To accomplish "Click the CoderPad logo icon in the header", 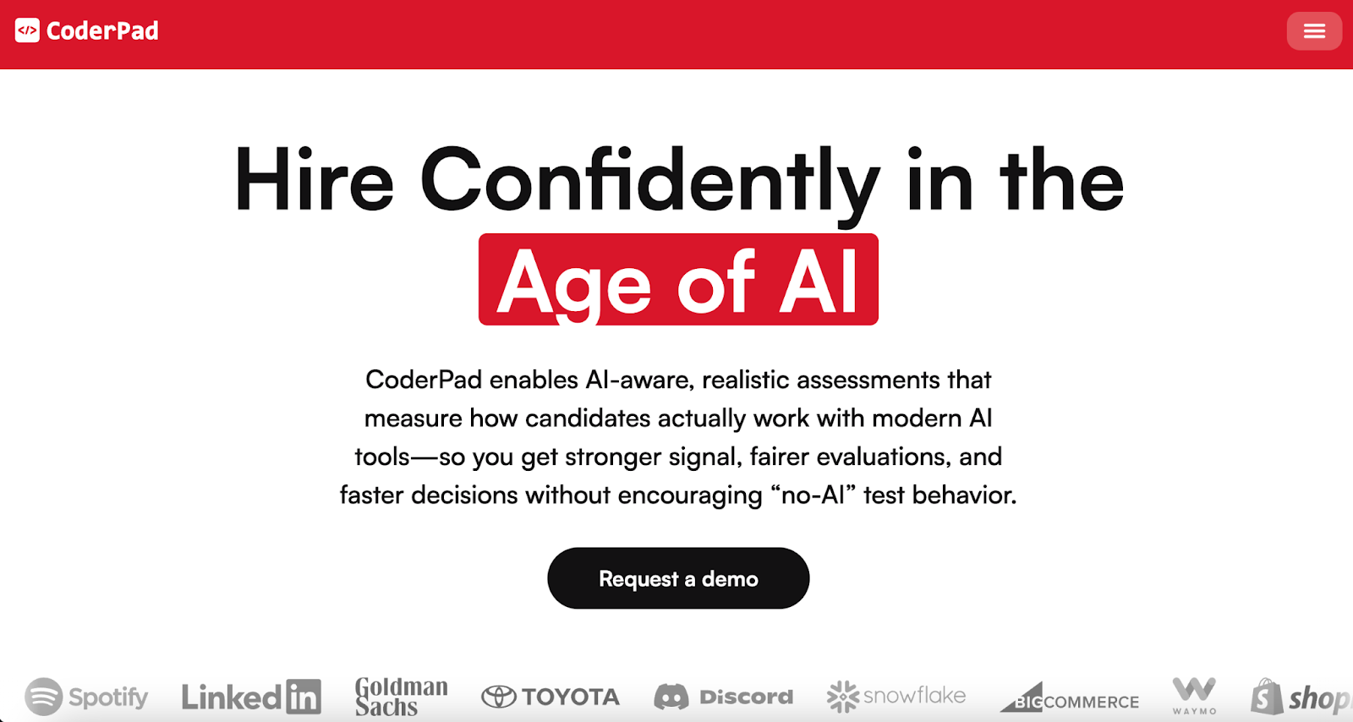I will [x=27, y=31].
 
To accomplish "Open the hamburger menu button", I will [x=1314, y=31].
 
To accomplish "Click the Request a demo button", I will [x=678, y=578].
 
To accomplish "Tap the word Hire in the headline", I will [x=315, y=180].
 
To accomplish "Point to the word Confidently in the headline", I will [x=649, y=180].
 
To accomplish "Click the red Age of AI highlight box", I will [x=678, y=280].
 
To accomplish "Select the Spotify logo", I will [x=86, y=697].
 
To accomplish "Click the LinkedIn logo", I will [x=251, y=697].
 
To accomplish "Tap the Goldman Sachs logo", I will [x=401, y=697].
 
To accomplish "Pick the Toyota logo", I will [x=551, y=697].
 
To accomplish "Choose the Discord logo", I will [x=724, y=697].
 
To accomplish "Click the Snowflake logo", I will [x=896, y=697].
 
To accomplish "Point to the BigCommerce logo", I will [x=1071, y=698].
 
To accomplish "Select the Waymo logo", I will [x=1194, y=695].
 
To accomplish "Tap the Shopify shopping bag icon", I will [x=1267, y=697].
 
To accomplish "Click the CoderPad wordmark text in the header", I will [x=102, y=31].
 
